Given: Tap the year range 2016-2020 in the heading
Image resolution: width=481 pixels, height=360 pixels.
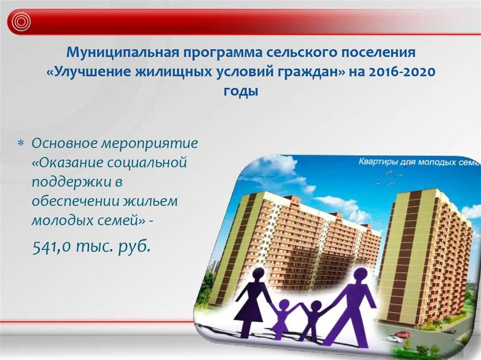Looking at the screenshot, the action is pyautogui.click(x=402, y=72).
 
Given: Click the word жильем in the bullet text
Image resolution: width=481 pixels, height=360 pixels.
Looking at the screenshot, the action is pyautogui.click(x=151, y=201).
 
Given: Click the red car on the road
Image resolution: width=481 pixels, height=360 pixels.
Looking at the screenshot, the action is pyautogui.click(x=400, y=334).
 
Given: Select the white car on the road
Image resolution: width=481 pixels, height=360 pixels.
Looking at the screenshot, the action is pyautogui.click(x=396, y=340).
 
